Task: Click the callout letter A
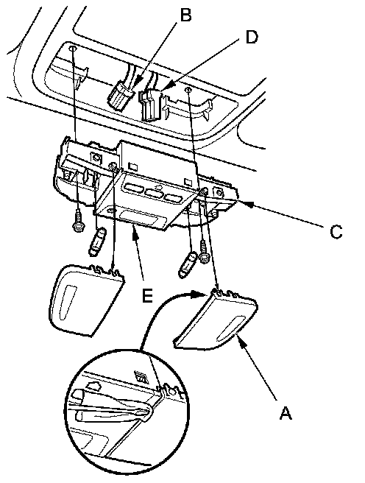[286, 413]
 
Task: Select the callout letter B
[185, 15]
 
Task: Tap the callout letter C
[336, 232]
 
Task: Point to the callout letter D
[252, 38]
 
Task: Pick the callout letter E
[147, 296]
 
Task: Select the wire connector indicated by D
[150, 105]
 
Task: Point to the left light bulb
[97, 241]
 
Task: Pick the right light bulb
[188, 264]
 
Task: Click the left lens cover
[85, 300]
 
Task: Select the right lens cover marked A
[216, 321]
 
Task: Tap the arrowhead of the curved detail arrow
[198, 295]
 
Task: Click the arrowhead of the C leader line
[249, 204]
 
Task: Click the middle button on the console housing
[155, 192]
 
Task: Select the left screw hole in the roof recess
[72, 49]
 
